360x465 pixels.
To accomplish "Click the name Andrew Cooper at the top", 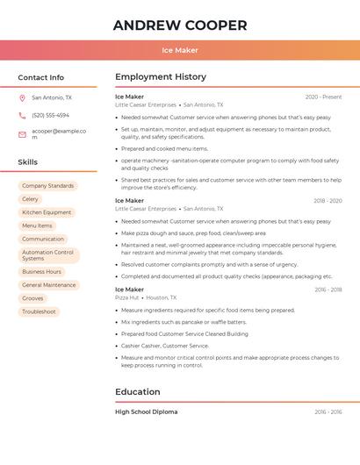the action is tap(180, 25).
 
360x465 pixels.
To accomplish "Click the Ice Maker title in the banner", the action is tap(180, 50).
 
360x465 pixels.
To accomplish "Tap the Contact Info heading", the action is tap(41, 77).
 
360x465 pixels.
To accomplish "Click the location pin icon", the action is tap(22, 98).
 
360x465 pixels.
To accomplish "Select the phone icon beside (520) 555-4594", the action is tap(22, 116).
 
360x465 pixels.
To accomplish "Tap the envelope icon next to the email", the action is tap(22, 134).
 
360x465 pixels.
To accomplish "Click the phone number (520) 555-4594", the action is tap(50, 116).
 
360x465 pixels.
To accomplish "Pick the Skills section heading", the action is tap(28, 162).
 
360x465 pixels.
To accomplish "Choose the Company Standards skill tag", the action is tap(47, 186).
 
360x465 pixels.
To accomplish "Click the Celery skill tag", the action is tap(31, 199).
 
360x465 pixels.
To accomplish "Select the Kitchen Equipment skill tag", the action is tap(47, 212).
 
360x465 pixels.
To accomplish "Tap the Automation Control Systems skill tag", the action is tap(48, 255).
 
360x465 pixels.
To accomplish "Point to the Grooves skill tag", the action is tap(32, 298).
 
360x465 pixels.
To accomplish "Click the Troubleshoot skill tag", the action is tap(39, 311).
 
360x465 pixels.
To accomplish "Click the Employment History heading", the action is tap(161, 77).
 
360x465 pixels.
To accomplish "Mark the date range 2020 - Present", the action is tap(323, 97).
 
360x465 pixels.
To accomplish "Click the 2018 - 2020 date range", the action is tap(327, 201).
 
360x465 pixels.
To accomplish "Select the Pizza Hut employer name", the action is tap(127, 297).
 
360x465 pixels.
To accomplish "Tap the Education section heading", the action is tap(138, 392).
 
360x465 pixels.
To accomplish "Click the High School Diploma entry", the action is tap(146, 411).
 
